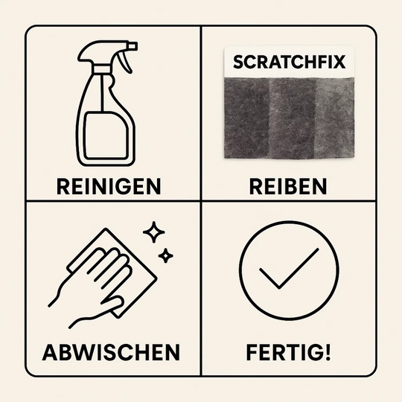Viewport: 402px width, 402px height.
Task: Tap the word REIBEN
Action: [287, 185]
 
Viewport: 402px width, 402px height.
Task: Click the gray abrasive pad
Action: [287, 119]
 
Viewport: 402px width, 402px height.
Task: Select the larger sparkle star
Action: [153, 232]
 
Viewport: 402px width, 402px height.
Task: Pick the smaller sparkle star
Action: [166, 256]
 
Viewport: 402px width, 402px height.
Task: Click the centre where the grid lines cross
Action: [201, 201]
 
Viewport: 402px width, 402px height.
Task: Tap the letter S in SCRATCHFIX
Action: [237, 63]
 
